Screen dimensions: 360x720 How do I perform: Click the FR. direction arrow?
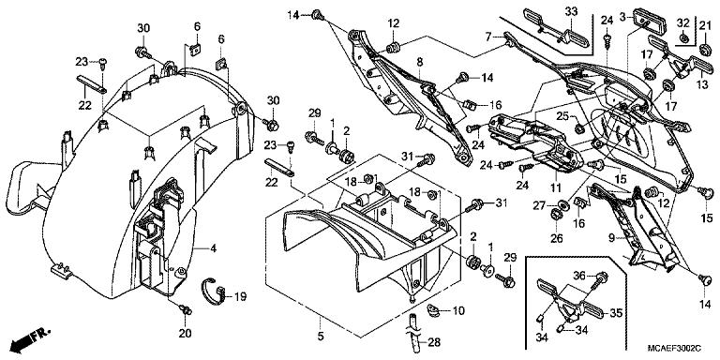[28, 336]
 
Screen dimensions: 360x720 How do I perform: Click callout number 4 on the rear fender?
[213, 248]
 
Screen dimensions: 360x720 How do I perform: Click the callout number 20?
[184, 333]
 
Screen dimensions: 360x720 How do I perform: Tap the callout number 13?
[699, 82]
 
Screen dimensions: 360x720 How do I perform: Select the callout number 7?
[488, 37]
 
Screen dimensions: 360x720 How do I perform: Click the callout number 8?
[420, 62]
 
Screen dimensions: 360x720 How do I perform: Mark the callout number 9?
[612, 239]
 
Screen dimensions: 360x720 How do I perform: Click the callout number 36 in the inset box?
[579, 274]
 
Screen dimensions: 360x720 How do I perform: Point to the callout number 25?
[560, 116]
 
